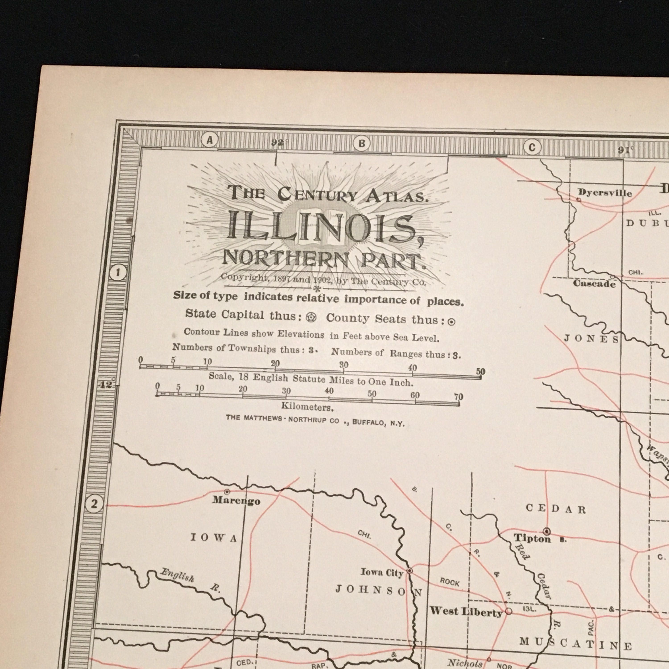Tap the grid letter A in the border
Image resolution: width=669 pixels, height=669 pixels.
coord(209,140)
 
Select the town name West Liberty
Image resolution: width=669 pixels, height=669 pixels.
coord(466,612)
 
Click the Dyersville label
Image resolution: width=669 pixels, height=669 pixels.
coord(605,193)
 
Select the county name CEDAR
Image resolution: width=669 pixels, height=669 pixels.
coord(555,509)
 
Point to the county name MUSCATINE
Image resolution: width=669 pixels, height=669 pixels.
coord(575,644)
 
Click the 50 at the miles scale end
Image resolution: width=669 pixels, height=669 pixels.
coord(480,372)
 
